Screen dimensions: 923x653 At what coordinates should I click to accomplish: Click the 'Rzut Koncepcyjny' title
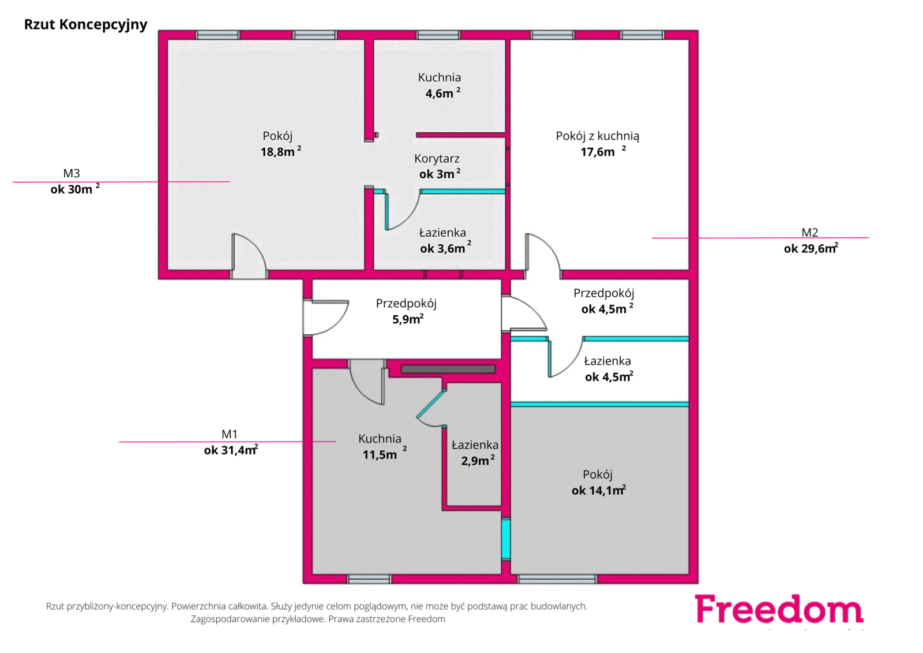(x=85, y=25)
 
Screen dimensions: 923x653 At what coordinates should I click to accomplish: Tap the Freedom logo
(x=779, y=609)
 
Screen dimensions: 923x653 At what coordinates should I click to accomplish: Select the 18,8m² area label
(x=280, y=151)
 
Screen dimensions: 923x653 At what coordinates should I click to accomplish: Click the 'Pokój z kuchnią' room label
(x=598, y=136)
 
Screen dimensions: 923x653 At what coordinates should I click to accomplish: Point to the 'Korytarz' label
(x=437, y=158)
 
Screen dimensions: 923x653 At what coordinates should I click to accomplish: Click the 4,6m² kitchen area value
(x=442, y=93)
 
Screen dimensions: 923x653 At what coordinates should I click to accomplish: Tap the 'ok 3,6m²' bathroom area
(x=445, y=248)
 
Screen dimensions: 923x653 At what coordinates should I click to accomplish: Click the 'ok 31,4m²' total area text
(x=231, y=450)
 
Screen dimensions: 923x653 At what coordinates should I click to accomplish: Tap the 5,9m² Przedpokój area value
(x=408, y=319)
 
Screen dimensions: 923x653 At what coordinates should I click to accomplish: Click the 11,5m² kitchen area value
(x=384, y=454)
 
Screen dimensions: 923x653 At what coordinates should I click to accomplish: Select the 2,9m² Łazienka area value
(x=478, y=460)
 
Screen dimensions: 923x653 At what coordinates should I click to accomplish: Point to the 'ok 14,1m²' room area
(x=599, y=490)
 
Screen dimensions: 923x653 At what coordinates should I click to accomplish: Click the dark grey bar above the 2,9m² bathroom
(x=448, y=369)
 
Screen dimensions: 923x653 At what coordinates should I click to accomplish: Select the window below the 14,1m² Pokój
(x=557, y=580)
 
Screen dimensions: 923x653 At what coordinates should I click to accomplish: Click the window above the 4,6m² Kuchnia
(x=438, y=35)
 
